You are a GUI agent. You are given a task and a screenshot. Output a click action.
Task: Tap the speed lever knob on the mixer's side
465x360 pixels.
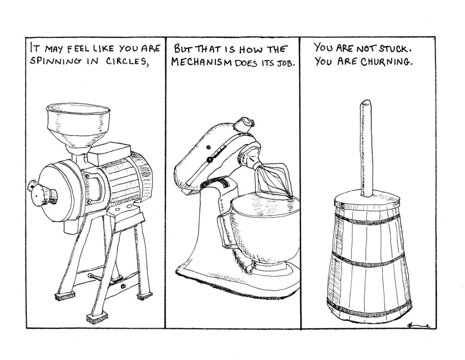(x=210, y=160)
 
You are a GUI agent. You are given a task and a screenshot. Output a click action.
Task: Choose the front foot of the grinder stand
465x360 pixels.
(x=96, y=319)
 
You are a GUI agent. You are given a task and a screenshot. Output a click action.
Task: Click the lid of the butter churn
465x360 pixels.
(x=368, y=202)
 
